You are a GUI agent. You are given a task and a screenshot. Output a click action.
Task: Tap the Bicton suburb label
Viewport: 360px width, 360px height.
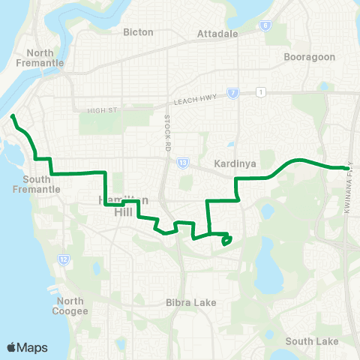click(139, 32)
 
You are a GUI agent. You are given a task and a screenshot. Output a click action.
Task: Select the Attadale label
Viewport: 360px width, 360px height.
click(217, 34)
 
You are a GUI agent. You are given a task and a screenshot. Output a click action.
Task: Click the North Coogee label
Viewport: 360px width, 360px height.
click(72, 306)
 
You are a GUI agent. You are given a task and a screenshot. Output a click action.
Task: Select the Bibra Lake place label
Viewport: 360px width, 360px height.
click(190, 303)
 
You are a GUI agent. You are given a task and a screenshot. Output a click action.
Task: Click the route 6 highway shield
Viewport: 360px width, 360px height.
click(265, 25)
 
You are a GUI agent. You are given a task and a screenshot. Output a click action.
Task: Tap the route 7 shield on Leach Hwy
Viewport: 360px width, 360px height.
click(234, 93)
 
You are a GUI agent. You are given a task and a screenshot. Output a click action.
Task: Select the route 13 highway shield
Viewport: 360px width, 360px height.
click(182, 162)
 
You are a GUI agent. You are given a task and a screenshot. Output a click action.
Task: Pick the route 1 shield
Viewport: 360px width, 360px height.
click(259, 92)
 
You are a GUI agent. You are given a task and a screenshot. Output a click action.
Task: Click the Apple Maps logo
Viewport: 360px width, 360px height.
click(27, 347)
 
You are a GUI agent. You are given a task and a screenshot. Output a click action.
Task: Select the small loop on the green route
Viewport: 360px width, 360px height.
click(226, 240)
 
